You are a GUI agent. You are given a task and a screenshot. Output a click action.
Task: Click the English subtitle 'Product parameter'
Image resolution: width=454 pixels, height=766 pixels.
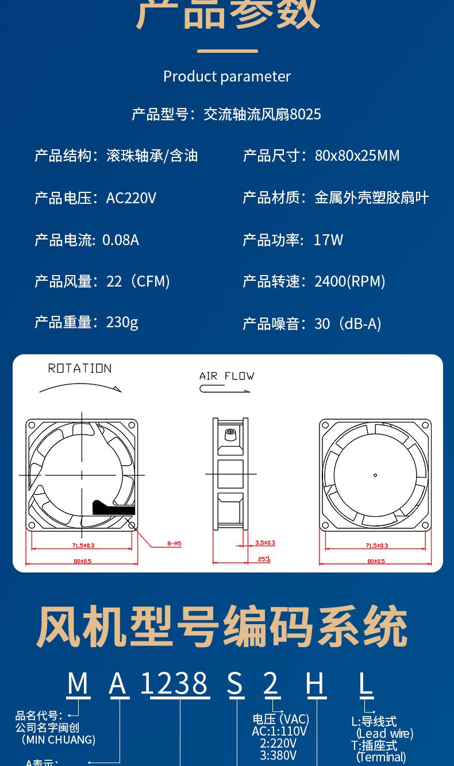227,76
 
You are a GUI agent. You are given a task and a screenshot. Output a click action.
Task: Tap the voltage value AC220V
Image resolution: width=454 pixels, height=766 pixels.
131,198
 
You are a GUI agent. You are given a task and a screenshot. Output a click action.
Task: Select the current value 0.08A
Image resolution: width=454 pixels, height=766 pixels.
121,240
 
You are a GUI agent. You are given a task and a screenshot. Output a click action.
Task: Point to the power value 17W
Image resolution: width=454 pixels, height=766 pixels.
328,240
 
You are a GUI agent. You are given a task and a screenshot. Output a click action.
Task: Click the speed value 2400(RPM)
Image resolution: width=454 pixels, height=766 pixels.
349,281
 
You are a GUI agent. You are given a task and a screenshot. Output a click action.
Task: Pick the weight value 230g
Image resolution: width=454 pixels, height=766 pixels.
122,323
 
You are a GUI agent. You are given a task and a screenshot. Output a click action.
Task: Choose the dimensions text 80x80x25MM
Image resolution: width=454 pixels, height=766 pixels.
357,156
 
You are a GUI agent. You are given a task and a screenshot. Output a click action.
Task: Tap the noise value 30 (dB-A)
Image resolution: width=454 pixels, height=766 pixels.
348,324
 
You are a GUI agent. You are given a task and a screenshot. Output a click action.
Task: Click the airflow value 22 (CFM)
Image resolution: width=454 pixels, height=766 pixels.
138,281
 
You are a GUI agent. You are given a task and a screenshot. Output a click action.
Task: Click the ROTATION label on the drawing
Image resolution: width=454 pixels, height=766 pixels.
80,369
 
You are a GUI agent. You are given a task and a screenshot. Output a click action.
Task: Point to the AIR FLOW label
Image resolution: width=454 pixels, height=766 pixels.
226,376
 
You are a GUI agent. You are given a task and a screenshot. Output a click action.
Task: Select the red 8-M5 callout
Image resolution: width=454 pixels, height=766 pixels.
174,543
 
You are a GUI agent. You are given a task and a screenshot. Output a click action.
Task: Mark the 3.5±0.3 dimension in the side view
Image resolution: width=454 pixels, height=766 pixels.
265,543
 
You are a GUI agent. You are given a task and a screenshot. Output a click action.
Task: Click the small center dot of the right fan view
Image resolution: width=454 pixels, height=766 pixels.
375,475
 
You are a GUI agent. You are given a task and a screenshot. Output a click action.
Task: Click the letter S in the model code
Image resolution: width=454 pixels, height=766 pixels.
235,683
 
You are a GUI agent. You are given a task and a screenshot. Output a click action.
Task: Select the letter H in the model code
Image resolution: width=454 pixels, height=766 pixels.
316,683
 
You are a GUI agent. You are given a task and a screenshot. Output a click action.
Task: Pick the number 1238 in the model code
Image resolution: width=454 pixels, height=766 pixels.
174,683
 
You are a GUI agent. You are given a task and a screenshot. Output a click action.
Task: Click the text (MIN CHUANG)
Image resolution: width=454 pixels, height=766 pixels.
58,740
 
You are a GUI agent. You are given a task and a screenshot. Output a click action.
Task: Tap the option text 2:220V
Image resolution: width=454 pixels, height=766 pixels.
278,744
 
